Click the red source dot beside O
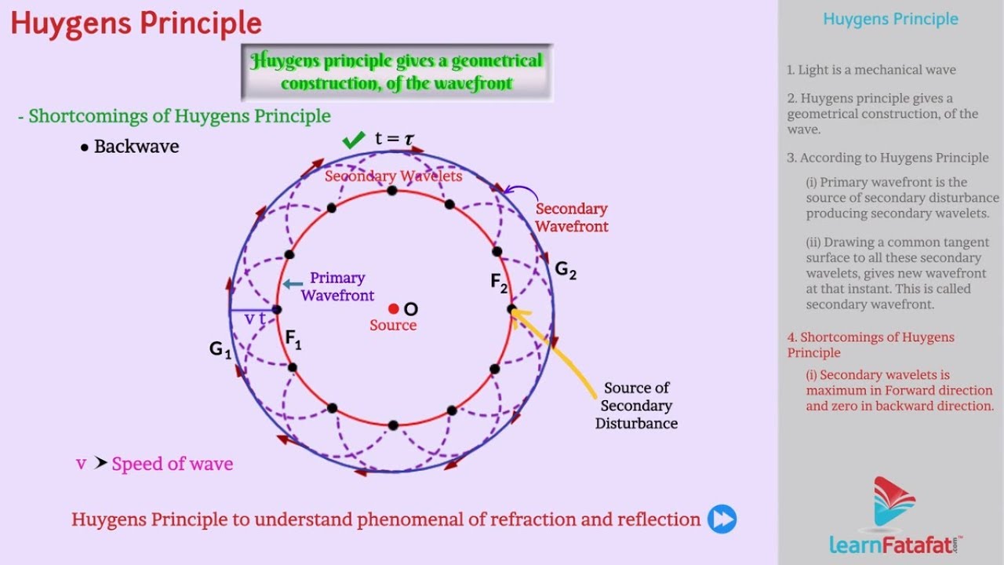(394, 309)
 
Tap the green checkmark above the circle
(354, 140)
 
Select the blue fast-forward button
(722, 519)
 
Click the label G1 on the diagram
(220, 350)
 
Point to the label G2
(566, 271)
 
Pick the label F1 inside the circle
(293, 340)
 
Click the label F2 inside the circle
(500, 283)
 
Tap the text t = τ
(394, 139)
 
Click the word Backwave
(136, 147)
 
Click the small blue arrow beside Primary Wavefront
(293, 284)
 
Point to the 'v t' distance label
(255, 319)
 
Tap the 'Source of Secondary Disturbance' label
(636, 406)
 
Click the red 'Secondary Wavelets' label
(393, 177)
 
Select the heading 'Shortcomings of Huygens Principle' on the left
(179, 116)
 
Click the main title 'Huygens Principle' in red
(136, 24)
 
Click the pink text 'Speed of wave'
(172, 464)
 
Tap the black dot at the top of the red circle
(392, 191)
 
